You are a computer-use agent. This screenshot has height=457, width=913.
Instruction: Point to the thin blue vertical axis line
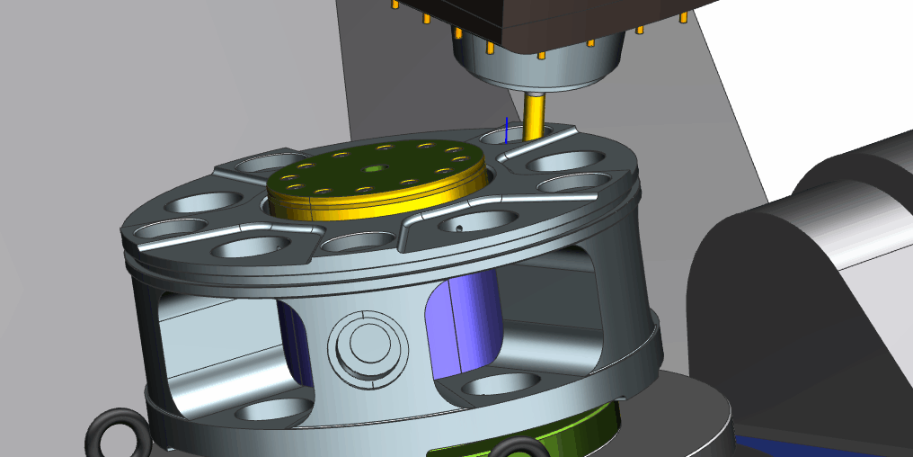[507, 130]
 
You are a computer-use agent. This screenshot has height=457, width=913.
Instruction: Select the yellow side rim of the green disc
[377, 205]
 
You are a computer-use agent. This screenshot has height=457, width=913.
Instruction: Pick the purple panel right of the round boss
[465, 324]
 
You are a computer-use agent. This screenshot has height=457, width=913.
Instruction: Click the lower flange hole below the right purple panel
[490, 386]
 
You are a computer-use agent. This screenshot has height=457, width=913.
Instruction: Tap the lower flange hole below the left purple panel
[261, 414]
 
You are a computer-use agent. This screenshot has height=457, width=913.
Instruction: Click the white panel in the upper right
[809, 72]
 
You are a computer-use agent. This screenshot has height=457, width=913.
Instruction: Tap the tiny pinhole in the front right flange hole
[458, 228]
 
